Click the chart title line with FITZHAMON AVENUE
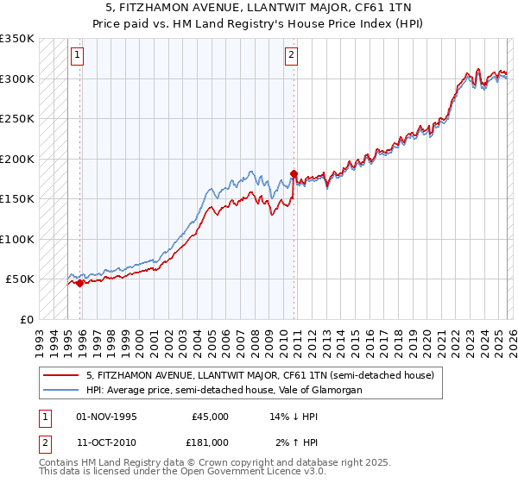click(259, 7)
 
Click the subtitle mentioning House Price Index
click(259, 22)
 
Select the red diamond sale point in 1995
click(80, 283)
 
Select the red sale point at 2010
click(294, 173)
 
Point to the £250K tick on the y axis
click(17, 118)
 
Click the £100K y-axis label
click(17, 239)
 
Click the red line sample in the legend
click(62, 375)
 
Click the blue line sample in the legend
click(62, 390)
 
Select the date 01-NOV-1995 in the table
click(106, 417)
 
